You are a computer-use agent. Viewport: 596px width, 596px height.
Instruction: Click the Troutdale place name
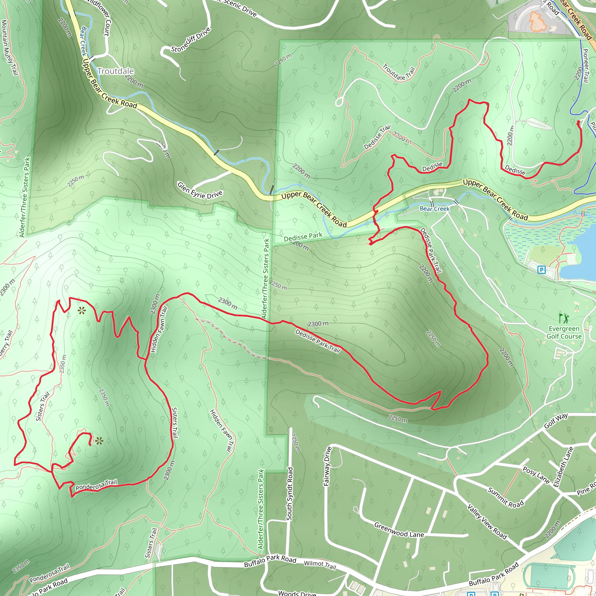tap(116, 71)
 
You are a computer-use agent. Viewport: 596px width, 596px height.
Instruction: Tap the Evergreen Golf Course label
tap(564, 333)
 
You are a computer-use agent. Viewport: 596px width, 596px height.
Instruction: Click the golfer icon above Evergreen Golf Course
tap(564, 318)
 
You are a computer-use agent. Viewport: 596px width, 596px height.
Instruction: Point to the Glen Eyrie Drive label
tap(200, 190)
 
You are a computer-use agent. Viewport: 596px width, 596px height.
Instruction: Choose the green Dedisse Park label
tap(303, 237)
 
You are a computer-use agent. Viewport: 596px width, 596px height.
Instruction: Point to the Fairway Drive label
tap(327, 466)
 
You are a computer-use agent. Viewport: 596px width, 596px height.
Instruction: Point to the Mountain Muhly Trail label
tap(9, 48)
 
